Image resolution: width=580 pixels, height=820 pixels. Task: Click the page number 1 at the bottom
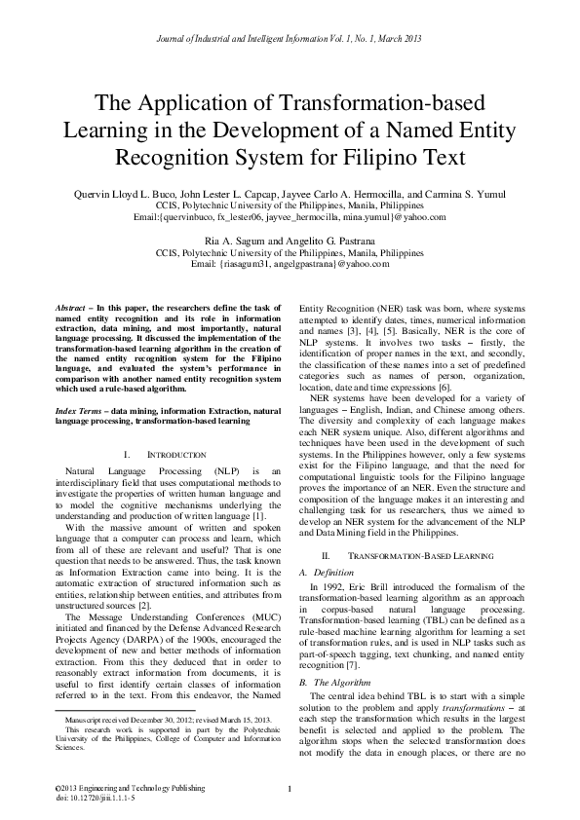coord(290,786)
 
